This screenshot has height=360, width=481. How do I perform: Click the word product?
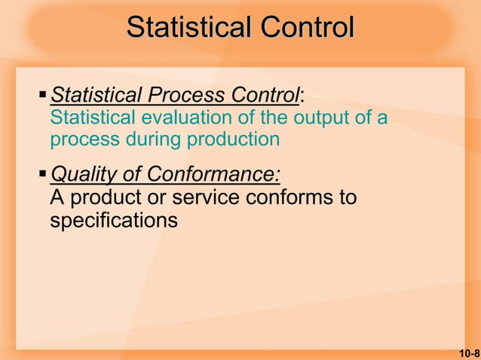pos(100,198)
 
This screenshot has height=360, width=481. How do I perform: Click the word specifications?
pos(114,221)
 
